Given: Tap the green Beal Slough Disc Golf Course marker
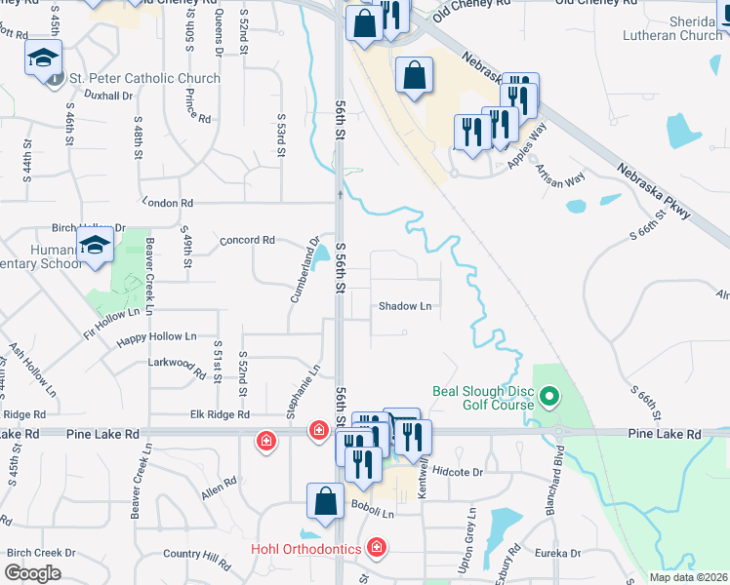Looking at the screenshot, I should [548, 397].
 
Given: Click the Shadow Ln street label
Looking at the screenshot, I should [405, 306].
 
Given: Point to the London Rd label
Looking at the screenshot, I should [168, 203].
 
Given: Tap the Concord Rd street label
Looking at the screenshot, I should [248, 240].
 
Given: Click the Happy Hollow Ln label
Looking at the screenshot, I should [156, 337].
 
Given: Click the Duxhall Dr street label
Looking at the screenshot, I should [108, 96].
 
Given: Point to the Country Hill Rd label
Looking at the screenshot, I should [197, 555].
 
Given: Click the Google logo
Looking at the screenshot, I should [32, 573].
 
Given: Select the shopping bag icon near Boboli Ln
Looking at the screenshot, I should [325, 501].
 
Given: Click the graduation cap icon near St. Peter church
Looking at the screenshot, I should [44, 58].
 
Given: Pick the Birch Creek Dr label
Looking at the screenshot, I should [41, 553].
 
